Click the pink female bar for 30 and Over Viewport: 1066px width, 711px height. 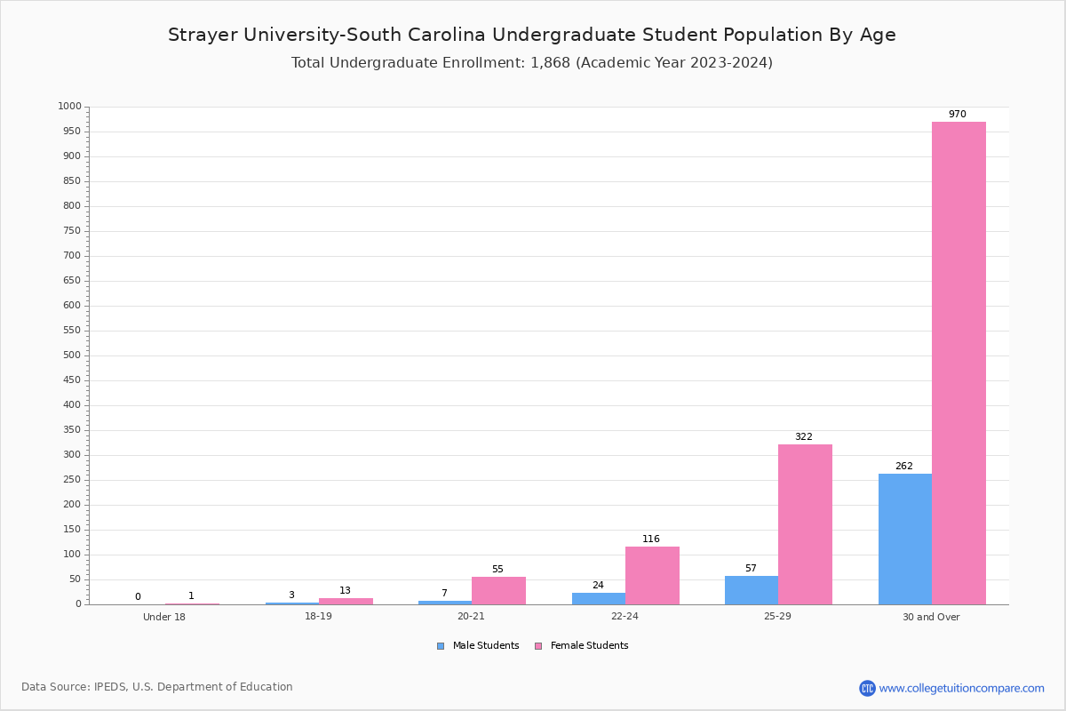click(x=959, y=363)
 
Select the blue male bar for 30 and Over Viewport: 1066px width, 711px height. click(x=905, y=539)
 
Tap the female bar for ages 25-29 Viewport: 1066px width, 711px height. click(x=805, y=524)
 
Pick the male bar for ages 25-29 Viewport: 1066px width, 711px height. click(x=752, y=590)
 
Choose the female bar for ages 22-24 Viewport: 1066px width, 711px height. click(x=652, y=576)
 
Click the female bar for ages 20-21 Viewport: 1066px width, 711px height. click(x=498, y=591)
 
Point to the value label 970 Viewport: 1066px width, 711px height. click(x=958, y=115)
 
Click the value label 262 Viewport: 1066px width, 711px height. click(x=904, y=467)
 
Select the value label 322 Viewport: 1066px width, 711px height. click(x=804, y=436)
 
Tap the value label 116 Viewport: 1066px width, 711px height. click(x=651, y=539)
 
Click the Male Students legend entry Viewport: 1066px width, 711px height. click(x=478, y=646)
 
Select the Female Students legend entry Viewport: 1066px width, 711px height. click(x=582, y=646)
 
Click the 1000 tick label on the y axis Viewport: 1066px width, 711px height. click(x=70, y=106)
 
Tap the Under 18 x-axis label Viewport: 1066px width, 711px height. click(x=164, y=617)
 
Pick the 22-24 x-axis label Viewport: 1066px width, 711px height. click(x=624, y=616)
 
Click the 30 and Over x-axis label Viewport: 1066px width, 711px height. click(x=931, y=617)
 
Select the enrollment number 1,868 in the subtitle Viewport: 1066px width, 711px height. click(x=550, y=63)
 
